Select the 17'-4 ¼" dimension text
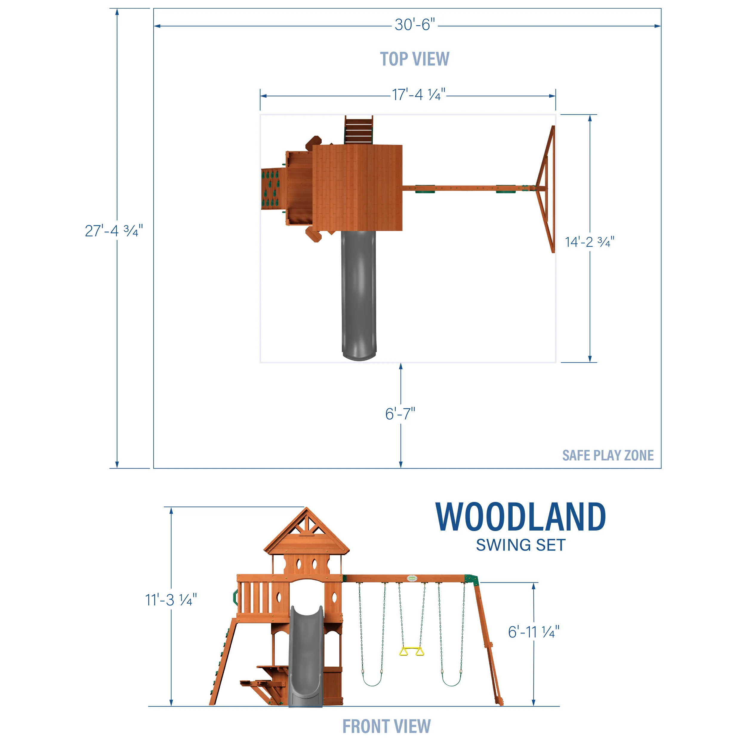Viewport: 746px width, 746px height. click(419, 95)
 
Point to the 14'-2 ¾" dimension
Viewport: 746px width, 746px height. click(589, 242)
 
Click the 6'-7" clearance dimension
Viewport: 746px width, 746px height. click(400, 414)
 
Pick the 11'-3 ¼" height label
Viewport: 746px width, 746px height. click(171, 600)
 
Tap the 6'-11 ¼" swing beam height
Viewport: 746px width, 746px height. click(533, 632)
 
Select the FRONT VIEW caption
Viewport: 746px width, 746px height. click(386, 726)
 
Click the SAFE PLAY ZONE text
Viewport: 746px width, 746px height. click(608, 456)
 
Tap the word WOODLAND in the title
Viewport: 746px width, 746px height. click(520, 517)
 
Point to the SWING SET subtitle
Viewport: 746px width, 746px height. click(520, 545)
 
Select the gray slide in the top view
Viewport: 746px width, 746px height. click(359, 293)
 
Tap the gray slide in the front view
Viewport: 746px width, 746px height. click(306, 656)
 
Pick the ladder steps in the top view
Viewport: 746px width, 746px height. click(359, 130)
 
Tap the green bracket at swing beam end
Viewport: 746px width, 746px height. click(471, 579)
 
